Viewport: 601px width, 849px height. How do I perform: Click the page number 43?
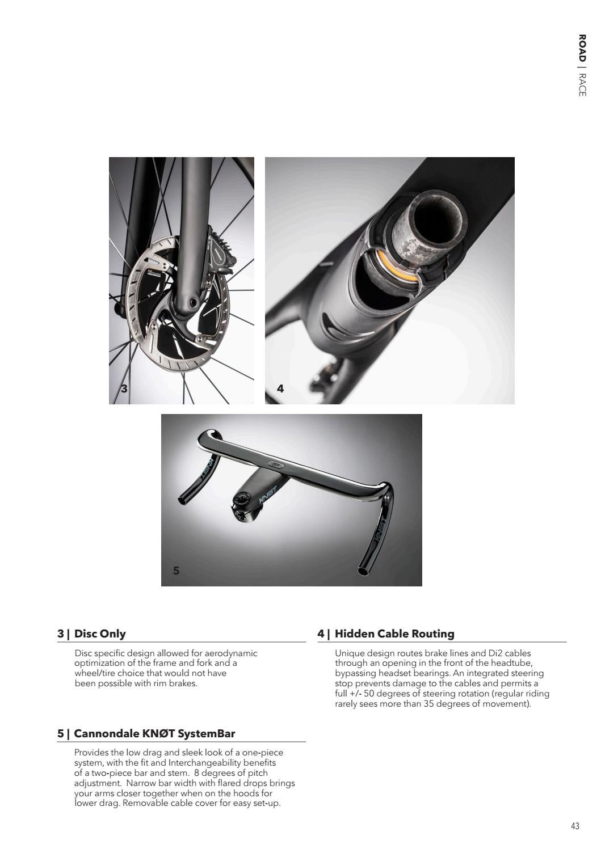click(575, 826)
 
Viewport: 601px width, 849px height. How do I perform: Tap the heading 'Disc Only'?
click(100, 633)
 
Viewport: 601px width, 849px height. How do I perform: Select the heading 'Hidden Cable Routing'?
click(394, 633)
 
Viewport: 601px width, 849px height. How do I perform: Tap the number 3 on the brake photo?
click(124, 388)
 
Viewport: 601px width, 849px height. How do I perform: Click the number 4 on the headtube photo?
click(280, 388)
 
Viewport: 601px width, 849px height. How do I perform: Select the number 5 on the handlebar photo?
click(176, 571)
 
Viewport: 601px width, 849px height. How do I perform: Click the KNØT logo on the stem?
click(267, 495)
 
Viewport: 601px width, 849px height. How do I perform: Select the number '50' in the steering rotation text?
click(368, 694)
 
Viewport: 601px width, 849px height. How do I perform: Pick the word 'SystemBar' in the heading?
click(206, 733)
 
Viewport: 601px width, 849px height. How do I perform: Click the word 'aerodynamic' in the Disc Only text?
click(231, 653)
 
